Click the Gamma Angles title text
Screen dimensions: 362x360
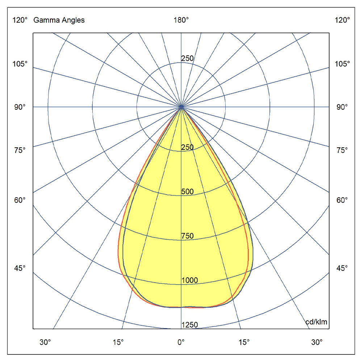point(59,20)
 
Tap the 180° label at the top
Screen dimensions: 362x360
point(181,20)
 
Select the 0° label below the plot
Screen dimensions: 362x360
point(181,341)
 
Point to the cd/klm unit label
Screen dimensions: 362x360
point(317,322)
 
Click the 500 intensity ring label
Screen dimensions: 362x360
point(187,191)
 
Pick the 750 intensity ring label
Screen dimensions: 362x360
point(187,236)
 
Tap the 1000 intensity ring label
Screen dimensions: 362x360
point(189,281)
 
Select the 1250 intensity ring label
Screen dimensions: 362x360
point(189,325)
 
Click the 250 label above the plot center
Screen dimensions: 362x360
point(187,59)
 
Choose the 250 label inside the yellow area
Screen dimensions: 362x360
point(187,147)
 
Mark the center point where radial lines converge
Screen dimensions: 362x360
point(181,107)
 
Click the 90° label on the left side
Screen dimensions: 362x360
point(20,107)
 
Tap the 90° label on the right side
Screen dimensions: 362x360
point(342,107)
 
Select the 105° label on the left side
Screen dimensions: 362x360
point(20,64)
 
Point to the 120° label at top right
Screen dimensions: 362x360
point(342,20)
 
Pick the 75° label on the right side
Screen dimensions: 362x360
point(342,150)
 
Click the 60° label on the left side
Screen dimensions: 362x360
point(20,200)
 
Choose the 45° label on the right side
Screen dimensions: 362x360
point(342,268)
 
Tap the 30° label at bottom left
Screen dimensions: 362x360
point(45,341)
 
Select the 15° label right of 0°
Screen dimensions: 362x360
point(244,341)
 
